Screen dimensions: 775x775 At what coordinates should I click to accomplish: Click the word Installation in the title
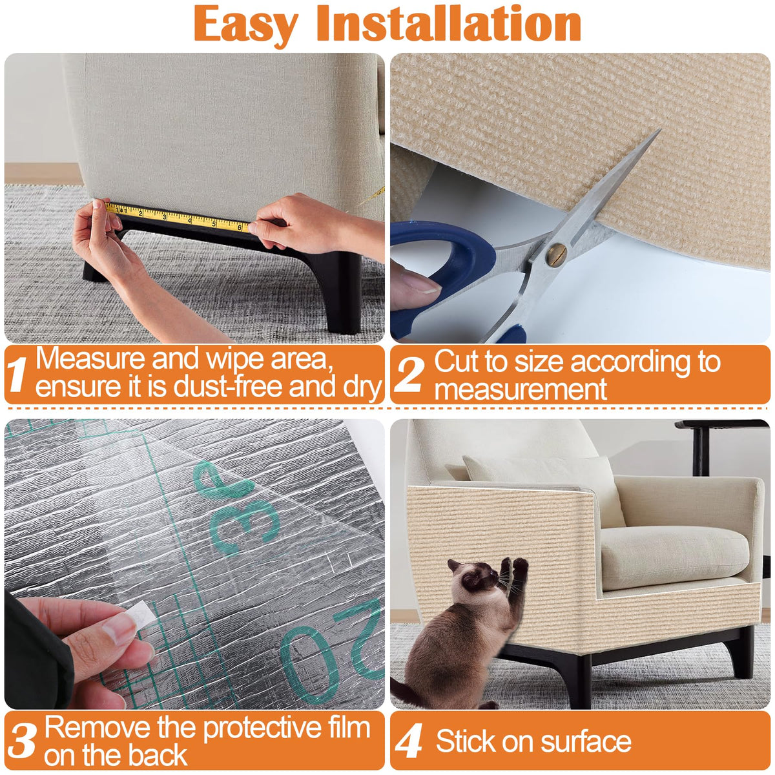[449, 24]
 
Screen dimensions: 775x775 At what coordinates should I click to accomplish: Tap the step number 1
[17, 374]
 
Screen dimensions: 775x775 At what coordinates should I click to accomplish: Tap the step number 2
[409, 375]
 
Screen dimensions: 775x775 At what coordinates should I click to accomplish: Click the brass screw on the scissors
[556, 254]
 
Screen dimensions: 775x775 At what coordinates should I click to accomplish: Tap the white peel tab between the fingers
[141, 614]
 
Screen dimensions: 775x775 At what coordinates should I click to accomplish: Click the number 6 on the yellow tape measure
[240, 227]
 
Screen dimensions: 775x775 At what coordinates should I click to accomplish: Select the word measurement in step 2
[521, 389]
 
